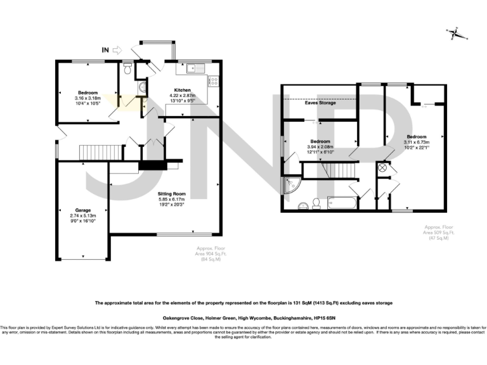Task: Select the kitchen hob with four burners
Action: [214, 81]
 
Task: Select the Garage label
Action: [83, 210]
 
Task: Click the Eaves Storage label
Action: [320, 103]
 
